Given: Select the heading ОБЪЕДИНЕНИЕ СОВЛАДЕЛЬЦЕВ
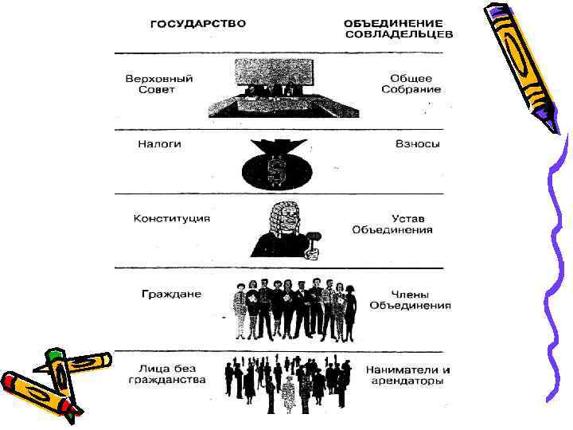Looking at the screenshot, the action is click(x=399, y=29).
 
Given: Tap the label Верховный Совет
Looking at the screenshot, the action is click(x=159, y=84).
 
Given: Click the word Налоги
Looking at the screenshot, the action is click(x=159, y=144).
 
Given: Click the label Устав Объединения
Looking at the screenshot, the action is click(x=392, y=224).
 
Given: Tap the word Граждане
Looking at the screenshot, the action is click(x=171, y=294).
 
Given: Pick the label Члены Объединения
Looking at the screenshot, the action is click(x=410, y=299).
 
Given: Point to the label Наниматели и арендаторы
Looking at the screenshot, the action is click(x=407, y=375).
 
